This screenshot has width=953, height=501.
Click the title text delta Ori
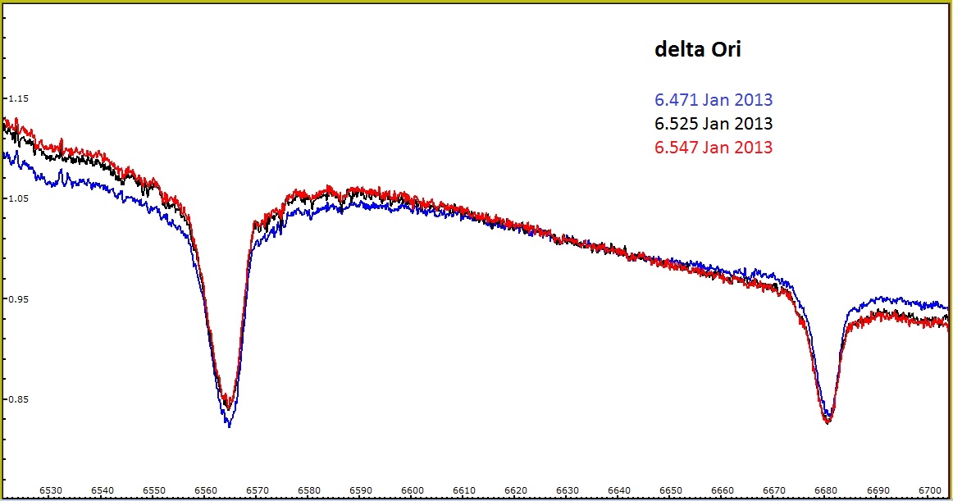click(697, 49)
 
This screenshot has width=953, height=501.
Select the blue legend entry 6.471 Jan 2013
click(713, 100)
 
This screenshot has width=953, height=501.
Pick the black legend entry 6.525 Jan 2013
click(713, 124)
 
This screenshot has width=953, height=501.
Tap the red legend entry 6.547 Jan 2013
click(713, 148)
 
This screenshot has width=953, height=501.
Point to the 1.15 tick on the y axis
click(17, 98)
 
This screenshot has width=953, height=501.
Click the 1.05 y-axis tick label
click(17, 198)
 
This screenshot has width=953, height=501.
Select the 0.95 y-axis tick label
click(17, 299)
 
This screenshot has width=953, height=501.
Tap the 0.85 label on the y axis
click(17, 399)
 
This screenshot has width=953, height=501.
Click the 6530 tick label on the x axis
click(51, 490)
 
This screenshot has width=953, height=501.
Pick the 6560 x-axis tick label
click(206, 490)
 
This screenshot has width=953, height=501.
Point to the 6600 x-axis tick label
click(413, 490)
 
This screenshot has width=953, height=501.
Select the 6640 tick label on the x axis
click(620, 490)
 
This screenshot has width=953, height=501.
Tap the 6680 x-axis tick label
click(827, 490)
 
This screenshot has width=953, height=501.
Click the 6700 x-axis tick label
click(930, 490)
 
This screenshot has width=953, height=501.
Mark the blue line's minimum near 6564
click(229, 426)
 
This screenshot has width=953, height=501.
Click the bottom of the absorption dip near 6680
click(828, 422)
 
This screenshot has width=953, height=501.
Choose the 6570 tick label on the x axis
click(258, 490)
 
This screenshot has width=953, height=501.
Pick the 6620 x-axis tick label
click(517, 490)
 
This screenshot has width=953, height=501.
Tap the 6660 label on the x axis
click(723, 490)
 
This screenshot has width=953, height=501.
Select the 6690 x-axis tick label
click(878, 490)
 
